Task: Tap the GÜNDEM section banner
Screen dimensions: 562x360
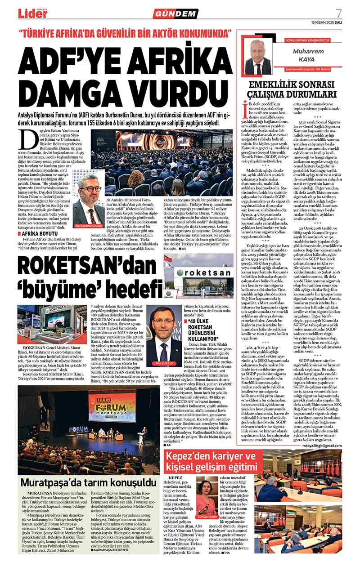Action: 175,13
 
